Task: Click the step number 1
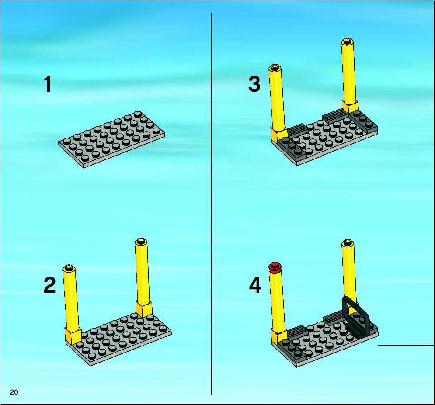pyautogui.click(x=48, y=84)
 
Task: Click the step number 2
pyautogui.click(x=50, y=285)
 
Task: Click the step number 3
pyautogui.click(x=254, y=84)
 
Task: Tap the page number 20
pyautogui.click(x=14, y=392)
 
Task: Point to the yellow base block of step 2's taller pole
pyautogui.click(x=144, y=309)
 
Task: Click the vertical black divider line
pyautogui.click(x=212, y=204)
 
